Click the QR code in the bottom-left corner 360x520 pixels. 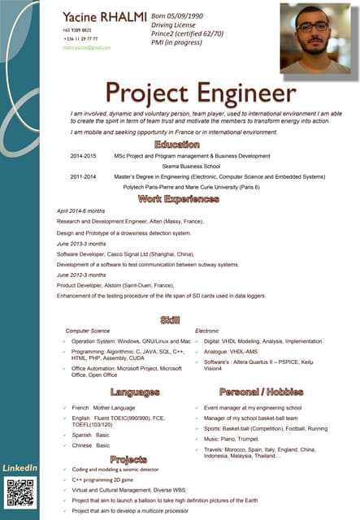point(20,493)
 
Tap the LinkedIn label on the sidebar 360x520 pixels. point(20,469)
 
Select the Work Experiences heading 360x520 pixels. point(189,198)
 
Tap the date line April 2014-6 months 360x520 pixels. point(80,210)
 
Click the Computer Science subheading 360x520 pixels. point(88,331)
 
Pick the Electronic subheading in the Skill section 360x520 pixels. point(207,331)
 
